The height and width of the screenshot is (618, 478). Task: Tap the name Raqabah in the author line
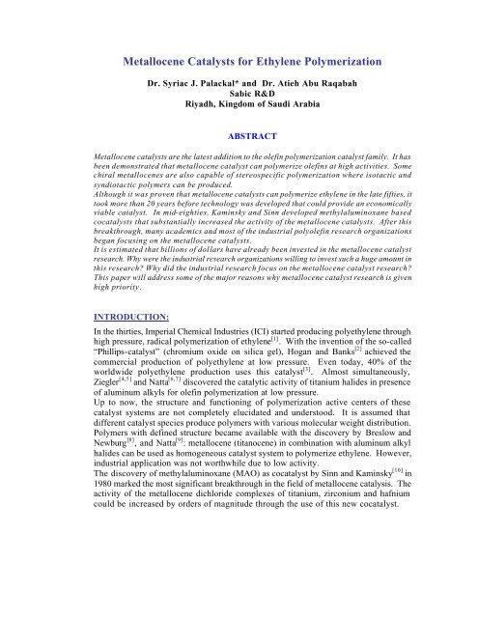(x=358, y=72)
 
